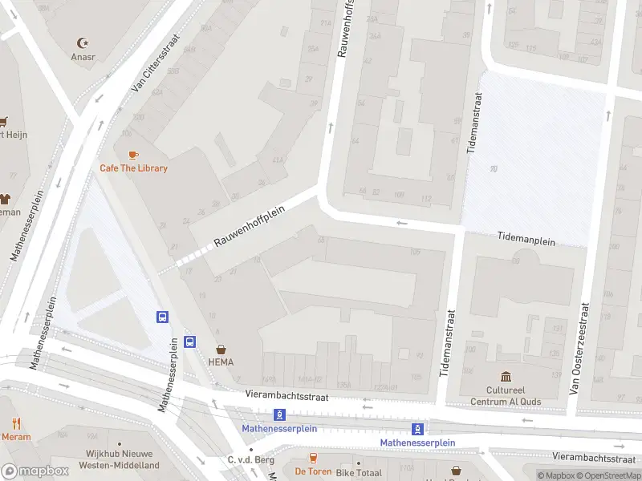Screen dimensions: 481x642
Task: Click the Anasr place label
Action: (83, 57)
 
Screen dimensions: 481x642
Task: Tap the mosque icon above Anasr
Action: (82, 42)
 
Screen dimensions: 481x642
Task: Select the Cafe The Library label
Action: (133, 168)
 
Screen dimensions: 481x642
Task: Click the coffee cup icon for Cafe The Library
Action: (133, 154)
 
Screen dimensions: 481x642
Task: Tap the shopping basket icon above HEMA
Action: (221, 350)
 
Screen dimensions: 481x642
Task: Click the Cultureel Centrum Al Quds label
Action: (506, 396)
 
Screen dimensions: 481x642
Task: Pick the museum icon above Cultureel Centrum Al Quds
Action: (506, 377)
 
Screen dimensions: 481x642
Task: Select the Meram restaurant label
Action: (16, 437)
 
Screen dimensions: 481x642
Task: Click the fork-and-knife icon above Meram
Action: (16, 423)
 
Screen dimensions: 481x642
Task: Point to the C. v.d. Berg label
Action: (251, 459)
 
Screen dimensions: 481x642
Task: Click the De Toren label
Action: (313, 472)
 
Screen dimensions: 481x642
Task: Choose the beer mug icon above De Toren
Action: (313, 458)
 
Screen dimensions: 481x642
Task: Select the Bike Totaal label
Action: (358, 473)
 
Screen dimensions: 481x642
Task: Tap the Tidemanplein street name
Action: (526, 238)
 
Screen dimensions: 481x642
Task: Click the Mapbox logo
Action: (35, 471)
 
